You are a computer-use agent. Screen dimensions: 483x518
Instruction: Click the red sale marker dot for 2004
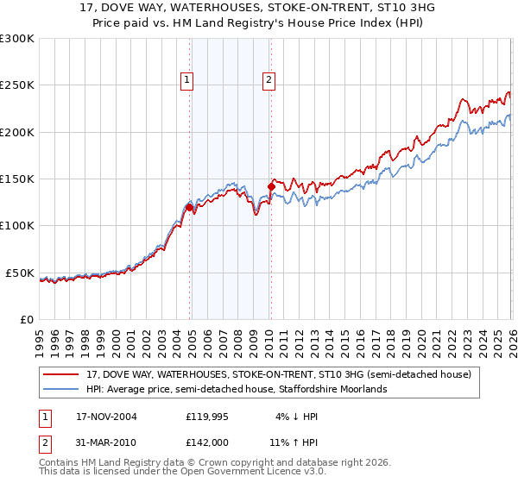[189, 207]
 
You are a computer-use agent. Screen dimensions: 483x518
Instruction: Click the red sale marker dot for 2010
[271, 186]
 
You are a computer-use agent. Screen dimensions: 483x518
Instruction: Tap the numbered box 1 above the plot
[187, 80]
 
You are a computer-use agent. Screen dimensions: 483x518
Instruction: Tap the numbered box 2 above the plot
[268, 80]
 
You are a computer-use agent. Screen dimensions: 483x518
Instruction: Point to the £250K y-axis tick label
[17, 85]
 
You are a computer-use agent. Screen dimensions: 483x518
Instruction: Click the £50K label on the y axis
[20, 273]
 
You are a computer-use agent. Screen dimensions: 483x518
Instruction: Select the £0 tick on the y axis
[27, 319]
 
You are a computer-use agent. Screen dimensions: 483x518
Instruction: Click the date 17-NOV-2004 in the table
[106, 416]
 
